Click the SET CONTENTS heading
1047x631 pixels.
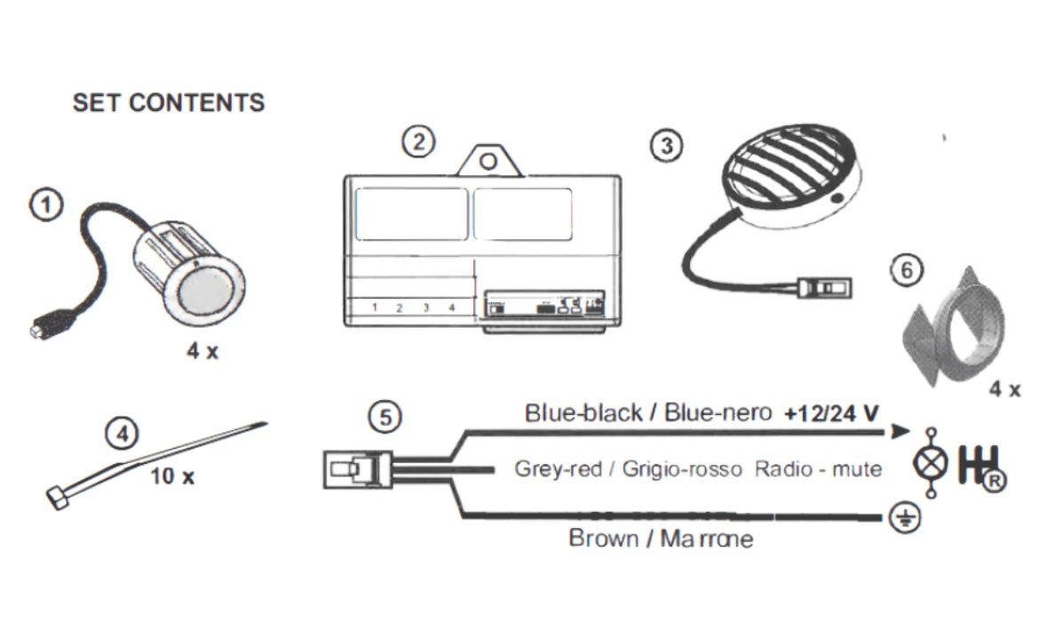coord(168,102)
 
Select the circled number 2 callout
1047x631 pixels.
coord(418,141)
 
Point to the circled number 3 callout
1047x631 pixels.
coord(666,145)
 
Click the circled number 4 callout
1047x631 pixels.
coord(123,435)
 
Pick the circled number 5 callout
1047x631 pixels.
coord(384,416)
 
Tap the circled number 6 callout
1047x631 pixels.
coord(906,271)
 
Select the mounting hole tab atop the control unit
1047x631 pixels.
coord(486,162)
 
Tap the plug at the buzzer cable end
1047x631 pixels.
coord(826,288)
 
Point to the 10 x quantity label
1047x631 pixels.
coord(171,476)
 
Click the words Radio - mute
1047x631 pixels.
coord(818,469)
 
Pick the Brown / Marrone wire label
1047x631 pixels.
coord(660,539)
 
